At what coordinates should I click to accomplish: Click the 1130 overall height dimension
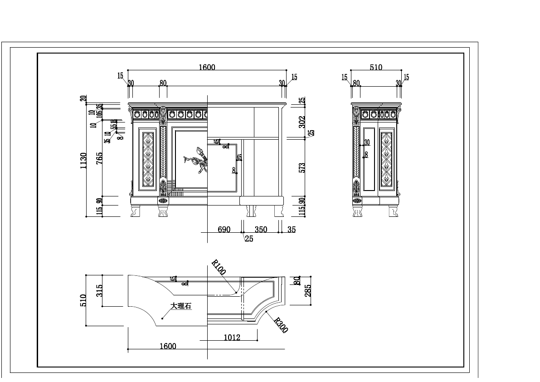(83, 161)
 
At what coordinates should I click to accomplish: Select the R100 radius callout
(219, 267)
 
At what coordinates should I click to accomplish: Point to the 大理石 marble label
(181, 306)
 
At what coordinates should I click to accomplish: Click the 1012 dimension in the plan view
(232, 337)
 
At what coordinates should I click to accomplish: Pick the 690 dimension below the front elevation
(224, 230)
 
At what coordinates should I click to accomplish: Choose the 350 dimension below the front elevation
(261, 230)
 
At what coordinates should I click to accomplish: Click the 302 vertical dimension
(302, 122)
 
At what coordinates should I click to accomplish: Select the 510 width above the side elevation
(376, 68)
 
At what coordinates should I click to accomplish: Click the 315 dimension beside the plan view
(99, 290)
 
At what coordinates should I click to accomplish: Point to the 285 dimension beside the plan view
(308, 290)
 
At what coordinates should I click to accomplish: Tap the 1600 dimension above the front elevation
(207, 68)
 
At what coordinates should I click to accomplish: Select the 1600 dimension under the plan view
(168, 346)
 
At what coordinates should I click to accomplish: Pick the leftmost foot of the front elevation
(135, 211)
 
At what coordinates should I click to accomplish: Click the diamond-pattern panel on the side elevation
(386, 159)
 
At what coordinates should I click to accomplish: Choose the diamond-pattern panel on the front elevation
(148, 159)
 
